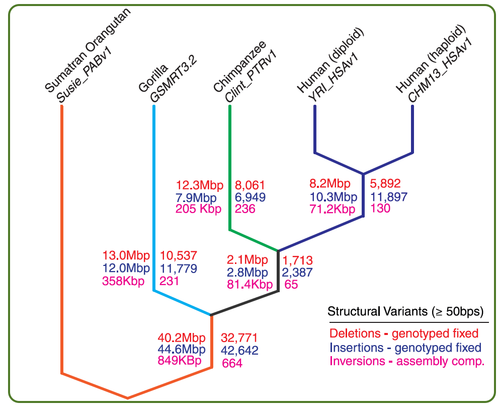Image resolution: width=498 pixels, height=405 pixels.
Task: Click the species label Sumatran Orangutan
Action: [x=88, y=50]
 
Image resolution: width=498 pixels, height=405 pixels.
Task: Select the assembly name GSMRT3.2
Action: [x=174, y=79]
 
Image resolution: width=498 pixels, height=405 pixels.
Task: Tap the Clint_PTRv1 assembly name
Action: [x=251, y=77]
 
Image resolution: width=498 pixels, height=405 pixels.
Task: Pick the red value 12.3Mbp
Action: [x=200, y=185]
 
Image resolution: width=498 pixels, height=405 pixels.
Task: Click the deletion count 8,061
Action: [x=250, y=185]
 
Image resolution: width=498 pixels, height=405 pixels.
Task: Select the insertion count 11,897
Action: [x=389, y=197]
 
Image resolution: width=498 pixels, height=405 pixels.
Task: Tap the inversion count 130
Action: [x=380, y=209]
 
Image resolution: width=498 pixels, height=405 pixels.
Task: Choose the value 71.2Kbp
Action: [x=332, y=210]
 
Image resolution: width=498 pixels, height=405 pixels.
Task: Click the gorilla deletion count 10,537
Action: [x=179, y=255]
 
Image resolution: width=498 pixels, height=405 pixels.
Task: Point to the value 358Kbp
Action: [x=123, y=281]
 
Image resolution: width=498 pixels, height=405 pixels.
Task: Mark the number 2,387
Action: [x=298, y=273]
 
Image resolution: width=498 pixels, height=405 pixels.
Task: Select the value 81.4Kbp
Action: [x=250, y=285]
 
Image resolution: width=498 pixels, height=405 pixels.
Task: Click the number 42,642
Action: [x=240, y=350]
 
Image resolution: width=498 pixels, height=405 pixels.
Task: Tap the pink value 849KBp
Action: [x=180, y=361]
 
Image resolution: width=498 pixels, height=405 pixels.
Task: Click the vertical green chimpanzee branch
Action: [x=230, y=168]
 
